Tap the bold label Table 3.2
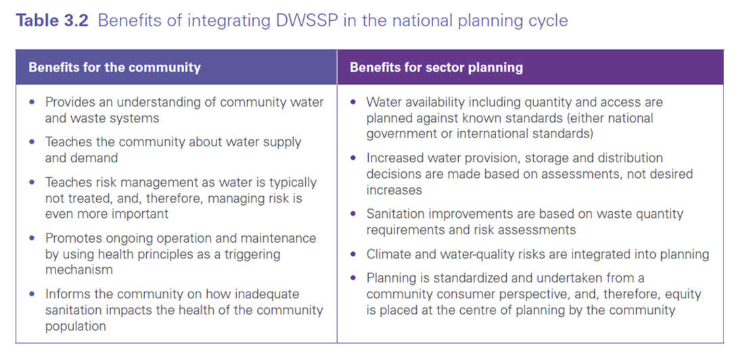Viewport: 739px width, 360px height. tap(52, 21)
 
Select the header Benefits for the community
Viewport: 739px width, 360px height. tap(114, 68)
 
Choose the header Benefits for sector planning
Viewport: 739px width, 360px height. tap(436, 68)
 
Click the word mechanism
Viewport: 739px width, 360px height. tap(79, 269)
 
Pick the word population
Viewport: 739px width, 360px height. tap(75, 326)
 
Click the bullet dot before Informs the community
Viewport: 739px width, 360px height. tap(32, 294)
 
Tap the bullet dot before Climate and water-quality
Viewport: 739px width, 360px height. tap(353, 255)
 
